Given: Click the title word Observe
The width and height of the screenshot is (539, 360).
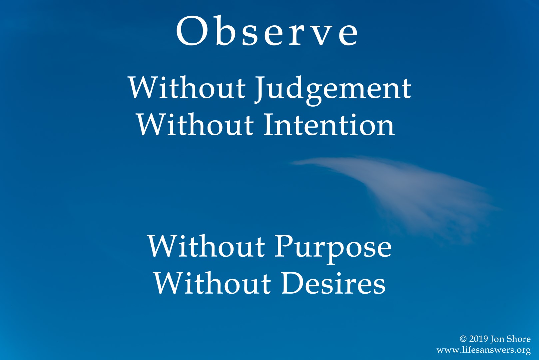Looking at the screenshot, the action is tap(267, 31).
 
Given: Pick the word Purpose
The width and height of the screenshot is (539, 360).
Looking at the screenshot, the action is tap(333, 249).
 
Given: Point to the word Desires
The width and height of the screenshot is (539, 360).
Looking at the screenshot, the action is tap(333, 283).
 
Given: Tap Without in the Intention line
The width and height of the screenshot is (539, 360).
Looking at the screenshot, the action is tap(195, 124).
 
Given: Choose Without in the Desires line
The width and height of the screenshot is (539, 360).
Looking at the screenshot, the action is tap(213, 283).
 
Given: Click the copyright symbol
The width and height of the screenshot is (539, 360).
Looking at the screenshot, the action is tap(463, 339).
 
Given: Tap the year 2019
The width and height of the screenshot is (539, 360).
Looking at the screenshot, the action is tap(479, 339).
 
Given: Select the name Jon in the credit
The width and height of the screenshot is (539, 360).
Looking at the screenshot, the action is tap(497, 339).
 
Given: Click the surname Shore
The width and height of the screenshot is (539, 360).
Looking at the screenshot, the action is tap(519, 339).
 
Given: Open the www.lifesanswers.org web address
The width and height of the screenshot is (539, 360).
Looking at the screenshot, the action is tap(484, 350).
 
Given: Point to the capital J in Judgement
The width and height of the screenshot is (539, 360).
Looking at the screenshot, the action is tap(260, 89).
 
